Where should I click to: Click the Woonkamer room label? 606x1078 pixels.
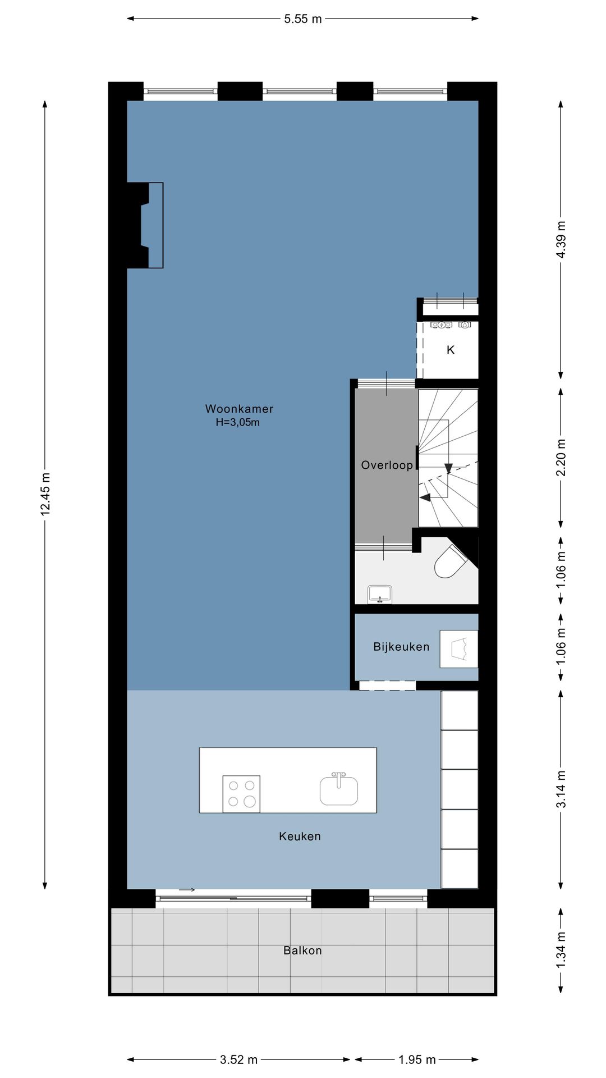(239, 409)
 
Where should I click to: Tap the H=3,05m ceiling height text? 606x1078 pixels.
(238, 423)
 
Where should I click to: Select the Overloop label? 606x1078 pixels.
(387, 465)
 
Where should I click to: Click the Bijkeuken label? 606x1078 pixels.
(401, 647)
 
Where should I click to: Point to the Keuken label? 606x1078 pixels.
(300, 836)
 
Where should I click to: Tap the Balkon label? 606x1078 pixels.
(302, 951)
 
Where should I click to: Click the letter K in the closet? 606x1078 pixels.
(451, 350)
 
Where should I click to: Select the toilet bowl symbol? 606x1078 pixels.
(451, 561)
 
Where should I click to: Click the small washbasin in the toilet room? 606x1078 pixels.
(380, 593)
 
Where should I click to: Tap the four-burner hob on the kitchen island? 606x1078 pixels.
(241, 793)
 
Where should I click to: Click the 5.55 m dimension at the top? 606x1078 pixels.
(303, 19)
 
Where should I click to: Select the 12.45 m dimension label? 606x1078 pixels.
(45, 494)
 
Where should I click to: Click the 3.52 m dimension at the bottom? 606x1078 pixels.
(238, 1059)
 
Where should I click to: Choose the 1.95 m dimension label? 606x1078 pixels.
(417, 1059)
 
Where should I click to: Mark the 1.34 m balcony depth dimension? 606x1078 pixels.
(561, 949)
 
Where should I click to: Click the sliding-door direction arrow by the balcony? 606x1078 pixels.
(187, 889)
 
